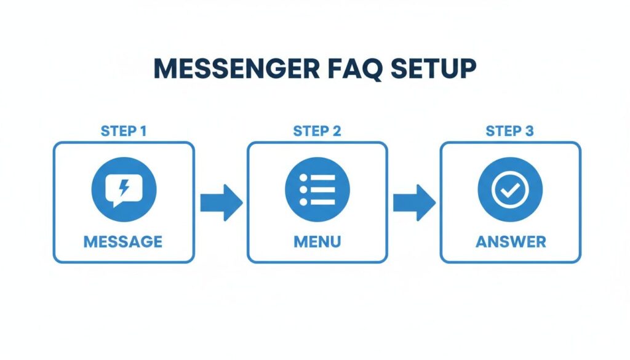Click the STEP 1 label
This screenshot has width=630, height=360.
123,131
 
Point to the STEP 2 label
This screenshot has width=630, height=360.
317,131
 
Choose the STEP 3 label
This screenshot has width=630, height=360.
509,131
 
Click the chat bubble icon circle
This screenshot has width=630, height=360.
123,189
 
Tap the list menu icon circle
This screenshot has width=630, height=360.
317,189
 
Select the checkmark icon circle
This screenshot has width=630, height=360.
510,189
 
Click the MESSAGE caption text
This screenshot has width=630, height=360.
123,241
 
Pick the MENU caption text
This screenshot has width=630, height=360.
317,241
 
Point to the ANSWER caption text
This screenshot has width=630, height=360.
510,241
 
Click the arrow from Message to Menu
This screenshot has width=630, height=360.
221,202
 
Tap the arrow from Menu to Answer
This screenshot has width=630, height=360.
414,202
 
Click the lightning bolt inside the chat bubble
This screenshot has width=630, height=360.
124,186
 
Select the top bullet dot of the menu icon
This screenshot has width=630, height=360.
303,178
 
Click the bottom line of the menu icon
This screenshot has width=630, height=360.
322,201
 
